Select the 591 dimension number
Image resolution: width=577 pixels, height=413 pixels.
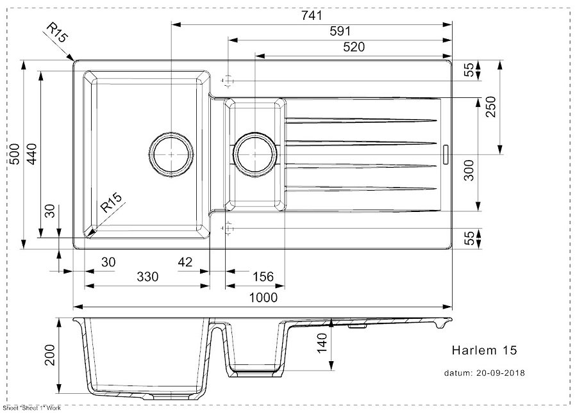click(340, 31)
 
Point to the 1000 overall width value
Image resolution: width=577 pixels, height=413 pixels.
click(263, 298)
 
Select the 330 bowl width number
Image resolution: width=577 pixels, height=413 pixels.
click(147, 277)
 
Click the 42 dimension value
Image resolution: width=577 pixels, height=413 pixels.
click(185, 261)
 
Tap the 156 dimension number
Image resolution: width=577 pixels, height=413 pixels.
click(263, 277)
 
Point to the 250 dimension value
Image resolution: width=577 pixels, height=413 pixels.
click(492, 109)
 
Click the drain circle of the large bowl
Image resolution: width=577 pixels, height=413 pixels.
click(171, 154)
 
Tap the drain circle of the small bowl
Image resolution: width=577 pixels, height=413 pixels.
click(255, 154)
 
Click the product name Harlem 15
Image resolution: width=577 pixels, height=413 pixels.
click(484, 351)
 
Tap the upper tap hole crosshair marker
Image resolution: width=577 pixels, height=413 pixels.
click(226, 81)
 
